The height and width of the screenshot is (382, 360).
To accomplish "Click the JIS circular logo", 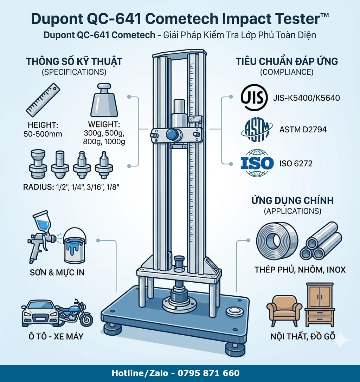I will (x=252, y=97).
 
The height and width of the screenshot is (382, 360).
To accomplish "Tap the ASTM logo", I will (x=256, y=130).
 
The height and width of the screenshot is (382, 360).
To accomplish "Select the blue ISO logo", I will (x=257, y=163).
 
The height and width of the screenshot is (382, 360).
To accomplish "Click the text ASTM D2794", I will (x=303, y=130).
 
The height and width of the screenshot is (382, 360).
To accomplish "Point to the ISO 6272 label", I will (x=296, y=163).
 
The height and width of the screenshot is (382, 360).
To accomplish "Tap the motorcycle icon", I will (x=75, y=312).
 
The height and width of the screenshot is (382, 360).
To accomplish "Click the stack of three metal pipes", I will (x=321, y=241).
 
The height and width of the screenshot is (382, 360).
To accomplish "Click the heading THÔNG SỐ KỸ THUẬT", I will (x=74, y=61).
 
